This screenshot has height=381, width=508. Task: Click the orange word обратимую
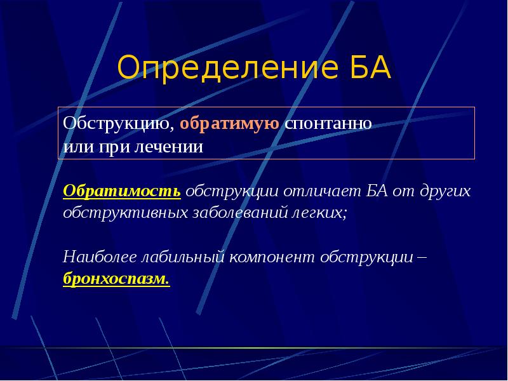[x=230, y=123]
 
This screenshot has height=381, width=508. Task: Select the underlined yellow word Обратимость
[x=122, y=191]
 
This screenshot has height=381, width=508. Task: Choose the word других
[x=444, y=191]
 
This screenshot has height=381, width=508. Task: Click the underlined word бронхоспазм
[x=116, y=279]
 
